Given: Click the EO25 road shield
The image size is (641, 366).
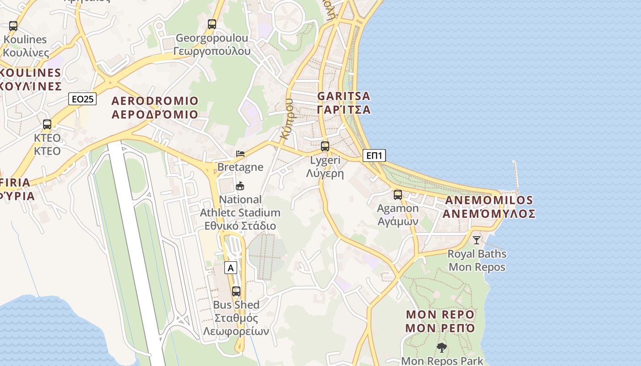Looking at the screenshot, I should (x=82, y=98).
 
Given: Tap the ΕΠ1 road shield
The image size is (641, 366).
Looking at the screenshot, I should (x=374, y=156).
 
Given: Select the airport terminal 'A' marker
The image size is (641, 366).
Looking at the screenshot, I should (x=231, y=268).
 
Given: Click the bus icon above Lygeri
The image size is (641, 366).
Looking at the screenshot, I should (x=325, y=146).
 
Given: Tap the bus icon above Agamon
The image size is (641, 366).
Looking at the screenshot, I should (x=398, y=195).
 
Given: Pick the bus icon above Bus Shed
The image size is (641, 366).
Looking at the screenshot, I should (x=236, y=291).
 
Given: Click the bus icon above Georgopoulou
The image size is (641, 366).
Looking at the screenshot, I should (x=212, y=24).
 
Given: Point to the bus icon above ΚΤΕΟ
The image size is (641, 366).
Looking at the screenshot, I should (x=47, y=124).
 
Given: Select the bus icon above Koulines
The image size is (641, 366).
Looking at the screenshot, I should (x=13, y=26).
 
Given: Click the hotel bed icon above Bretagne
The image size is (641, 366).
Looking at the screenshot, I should (x=240, y=154).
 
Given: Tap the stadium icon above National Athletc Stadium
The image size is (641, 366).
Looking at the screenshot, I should (x=240, y=186).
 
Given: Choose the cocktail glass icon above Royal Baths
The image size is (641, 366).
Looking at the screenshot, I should (x=477, y=240).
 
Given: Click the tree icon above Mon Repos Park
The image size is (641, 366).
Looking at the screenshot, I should (x=442, y=348).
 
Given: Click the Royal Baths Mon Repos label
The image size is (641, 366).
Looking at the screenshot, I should (x=477, y=260).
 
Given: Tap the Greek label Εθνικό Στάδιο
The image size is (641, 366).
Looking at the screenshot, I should (x=240, y=226).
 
